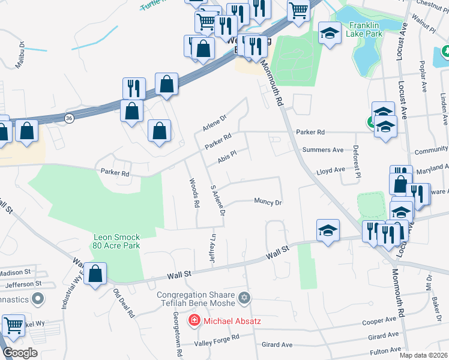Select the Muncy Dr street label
pyautogui.click(x=268, y=202)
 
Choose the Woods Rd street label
pyautogui.click(x=194, y=193)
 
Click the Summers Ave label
pyautogui.click(x=323, y=149)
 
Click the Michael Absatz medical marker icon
pyautogui.click(x=194, y=321)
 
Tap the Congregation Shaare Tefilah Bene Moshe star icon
pyautogui.click(x=244, y=298)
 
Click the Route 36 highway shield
pyautogui.click(x=70, y=119)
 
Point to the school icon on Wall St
pyautogui.click(x=328, y=230)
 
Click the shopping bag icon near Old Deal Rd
pyautogui.click(x=95, y=274)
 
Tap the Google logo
pyautogui.click(x=20, y=353)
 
